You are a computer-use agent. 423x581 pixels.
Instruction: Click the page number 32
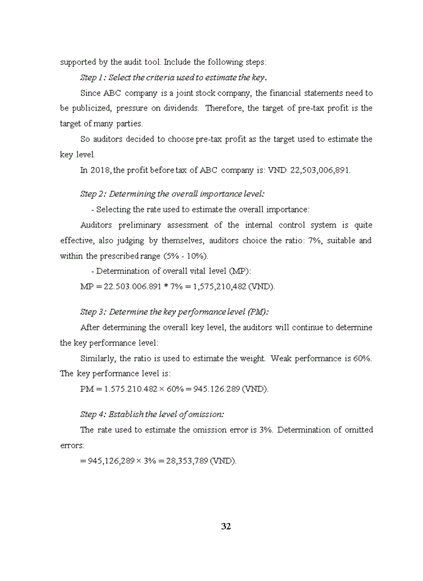[x=226, y=526]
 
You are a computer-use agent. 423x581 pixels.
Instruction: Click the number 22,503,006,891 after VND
[x=320, y=170]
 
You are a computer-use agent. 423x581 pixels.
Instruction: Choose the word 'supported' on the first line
[x=77, y=62]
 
